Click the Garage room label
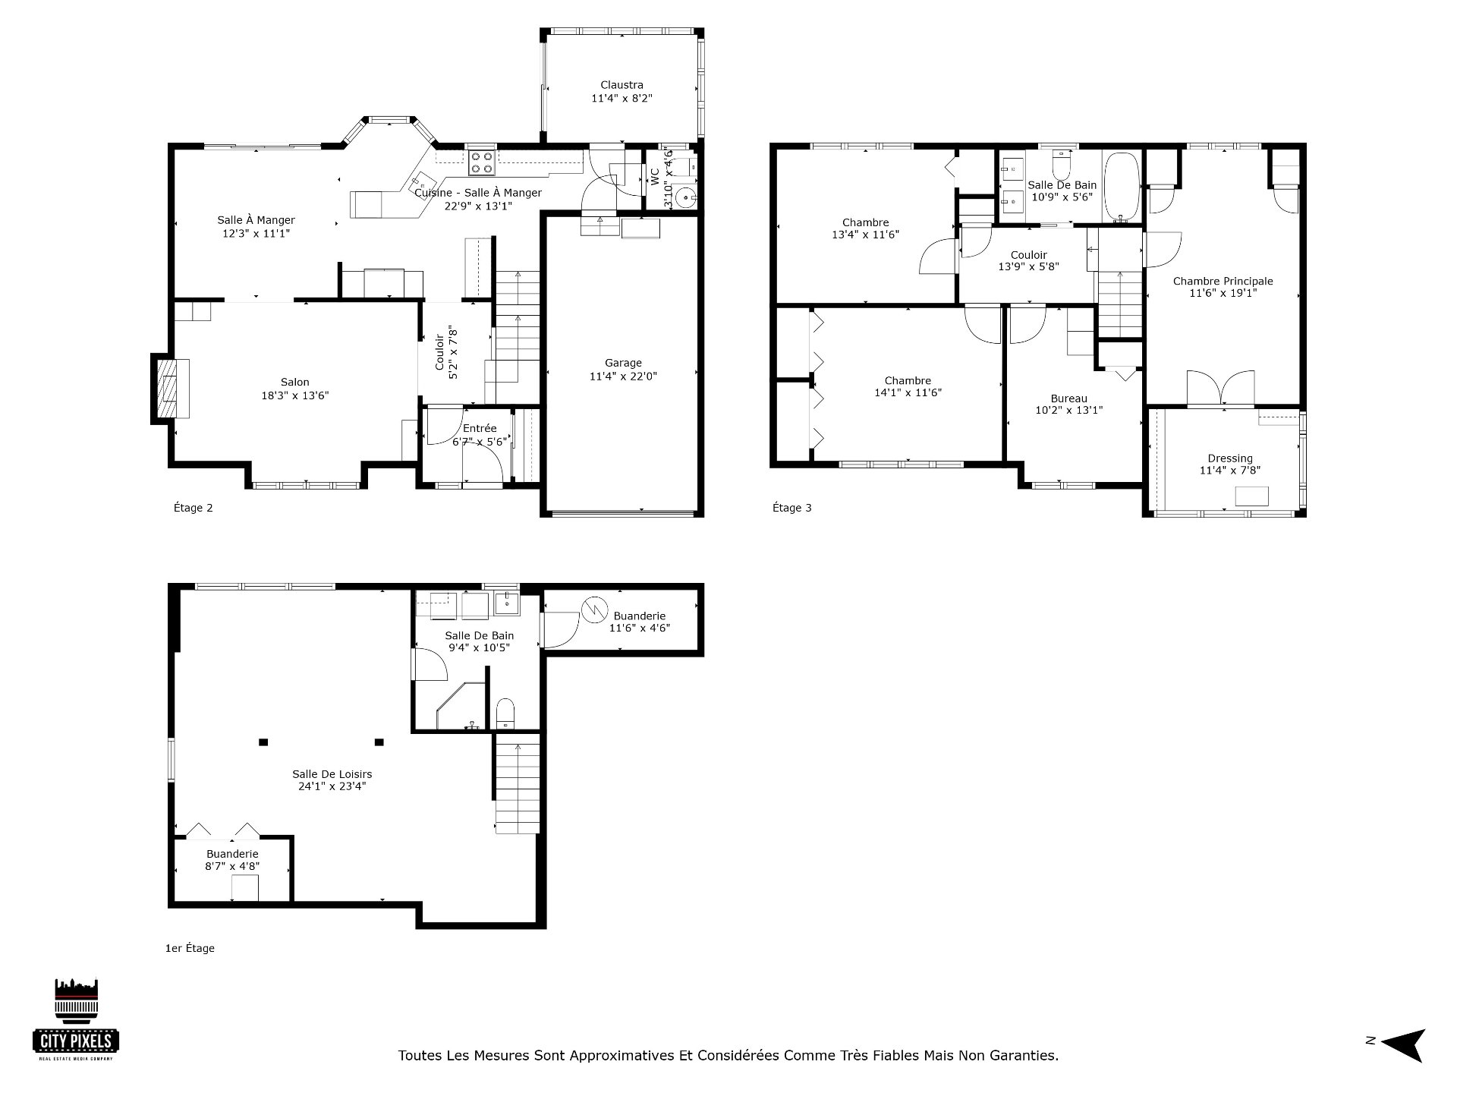623,363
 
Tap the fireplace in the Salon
172,389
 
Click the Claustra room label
622,85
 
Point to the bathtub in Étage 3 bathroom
1122,187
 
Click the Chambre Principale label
1223,281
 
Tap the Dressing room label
1230,458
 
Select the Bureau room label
1068,398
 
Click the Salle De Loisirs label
332,774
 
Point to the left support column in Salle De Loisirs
263,742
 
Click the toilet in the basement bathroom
505,713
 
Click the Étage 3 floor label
791,508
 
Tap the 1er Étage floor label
190,948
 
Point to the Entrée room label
480,429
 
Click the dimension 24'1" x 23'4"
332,786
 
